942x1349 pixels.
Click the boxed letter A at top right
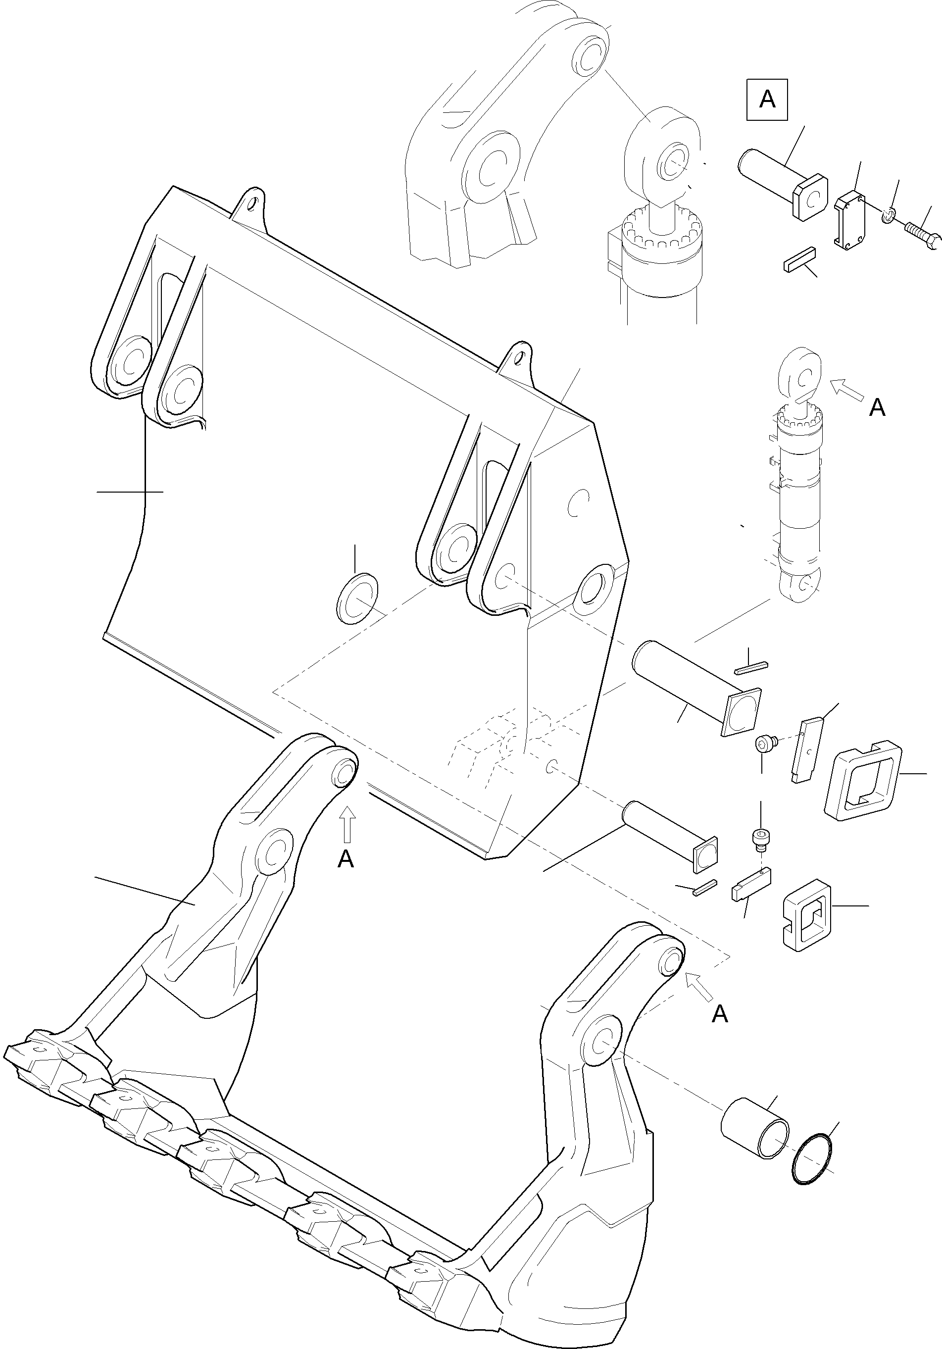point(767,100)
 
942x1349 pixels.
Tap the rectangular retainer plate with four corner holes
point(851,221)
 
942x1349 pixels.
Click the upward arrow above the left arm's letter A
point(347,823)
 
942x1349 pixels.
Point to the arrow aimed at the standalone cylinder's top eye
point(847,390)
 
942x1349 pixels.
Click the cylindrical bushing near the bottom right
point(755,1129)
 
